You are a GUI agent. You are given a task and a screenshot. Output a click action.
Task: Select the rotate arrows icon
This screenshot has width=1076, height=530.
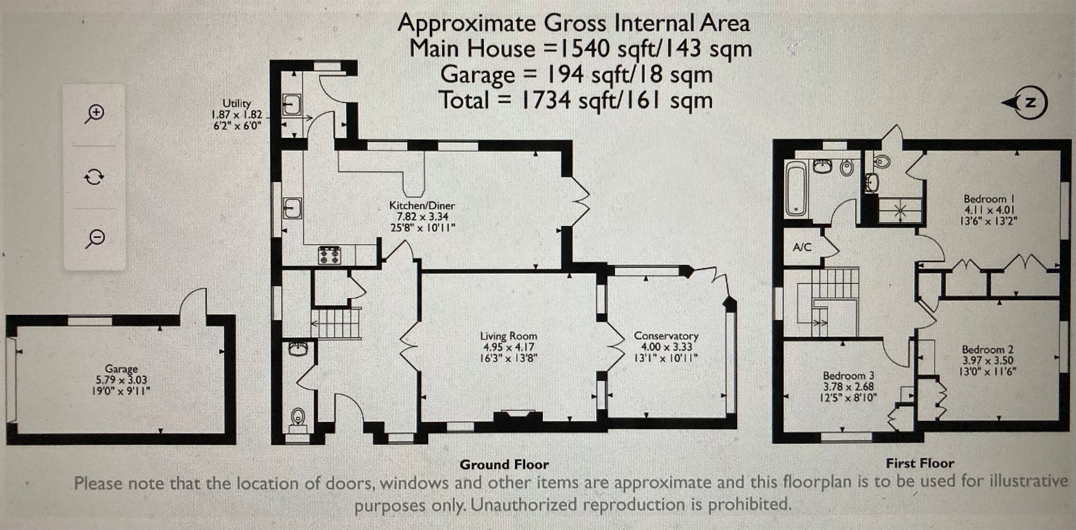[x=94, y=177]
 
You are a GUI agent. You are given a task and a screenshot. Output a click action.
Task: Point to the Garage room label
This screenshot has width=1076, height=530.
[x=121, y=369]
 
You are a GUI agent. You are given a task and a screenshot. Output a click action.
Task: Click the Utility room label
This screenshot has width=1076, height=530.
[x=237, y=103]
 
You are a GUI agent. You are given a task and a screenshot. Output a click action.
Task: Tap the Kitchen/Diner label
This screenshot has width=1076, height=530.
[x=422, y=205]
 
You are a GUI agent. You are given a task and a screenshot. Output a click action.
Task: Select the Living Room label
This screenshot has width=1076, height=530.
[x=508, y=335]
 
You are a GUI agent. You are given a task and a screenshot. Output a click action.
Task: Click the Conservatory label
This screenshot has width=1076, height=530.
[x=666, y=335]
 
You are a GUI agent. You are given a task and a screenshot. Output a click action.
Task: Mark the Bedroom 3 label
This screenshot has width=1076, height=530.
[x=848, y=375]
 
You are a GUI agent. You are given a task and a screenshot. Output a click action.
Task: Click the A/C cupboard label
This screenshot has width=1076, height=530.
[x=802, y=247]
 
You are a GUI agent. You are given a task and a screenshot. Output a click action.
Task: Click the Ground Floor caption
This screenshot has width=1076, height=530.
[x=504, y=464]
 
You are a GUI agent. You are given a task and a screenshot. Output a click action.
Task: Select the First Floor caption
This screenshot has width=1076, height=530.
[x=920, y=463]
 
